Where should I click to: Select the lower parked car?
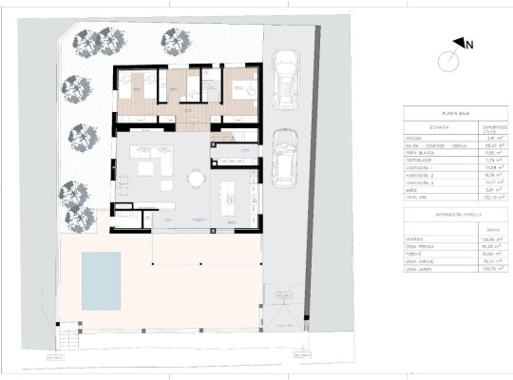pyautogui.click(x=284, y=158)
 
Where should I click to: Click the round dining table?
pyautogui.click(x=195, y=178)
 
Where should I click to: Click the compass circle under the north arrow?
pyautogui.click(x=449, y=63)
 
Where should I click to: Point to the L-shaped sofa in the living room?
pyautogui.click(x=154, y=164)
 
